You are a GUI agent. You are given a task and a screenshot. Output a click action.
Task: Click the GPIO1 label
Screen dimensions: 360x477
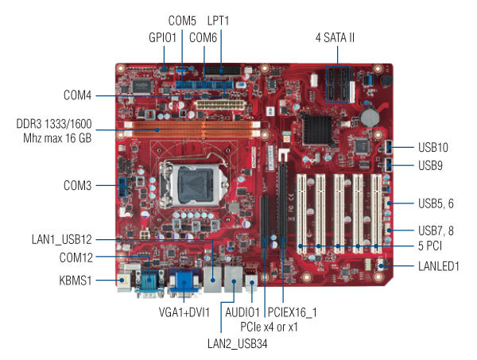[162, 36]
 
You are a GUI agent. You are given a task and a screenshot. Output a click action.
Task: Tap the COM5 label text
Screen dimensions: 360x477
[182, 20]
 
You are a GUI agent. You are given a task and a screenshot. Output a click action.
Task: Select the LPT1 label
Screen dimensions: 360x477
[219, 20]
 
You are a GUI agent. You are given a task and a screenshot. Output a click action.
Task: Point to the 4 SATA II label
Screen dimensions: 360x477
[339, 37]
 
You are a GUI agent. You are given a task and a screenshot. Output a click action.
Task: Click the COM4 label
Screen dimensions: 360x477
[77, 95]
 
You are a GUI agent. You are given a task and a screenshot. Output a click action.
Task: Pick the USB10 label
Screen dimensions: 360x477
[433, 147]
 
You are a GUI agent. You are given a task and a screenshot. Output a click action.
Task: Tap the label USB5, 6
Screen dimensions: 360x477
[435, 203]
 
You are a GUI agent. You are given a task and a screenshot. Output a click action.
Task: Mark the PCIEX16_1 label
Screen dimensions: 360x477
[292, 312]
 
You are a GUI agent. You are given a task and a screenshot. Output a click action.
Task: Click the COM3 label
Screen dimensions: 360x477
[77, 186]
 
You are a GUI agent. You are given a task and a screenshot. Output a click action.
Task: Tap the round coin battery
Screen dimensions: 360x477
[370, 116]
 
